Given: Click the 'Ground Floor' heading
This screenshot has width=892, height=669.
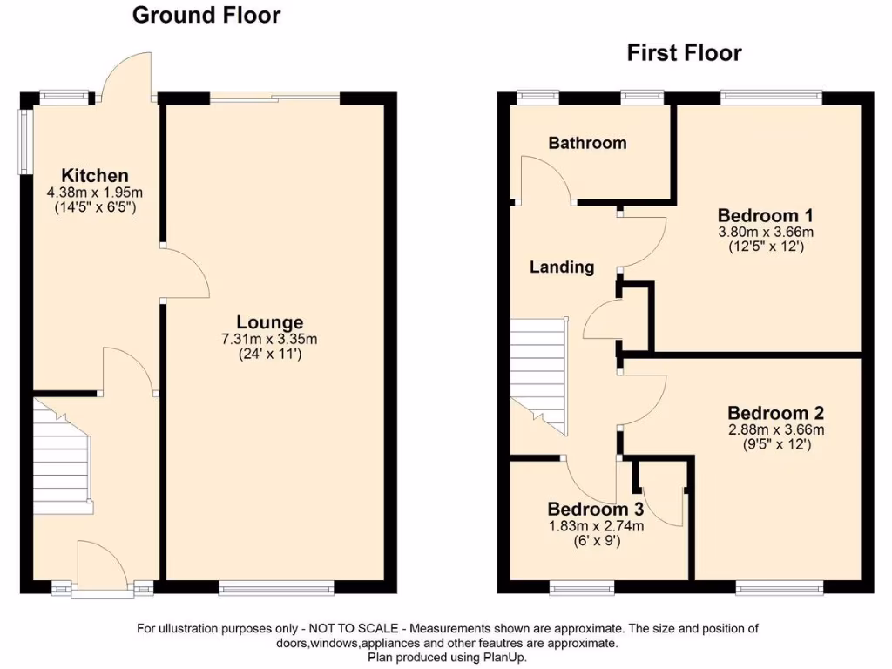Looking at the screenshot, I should pos(206,16).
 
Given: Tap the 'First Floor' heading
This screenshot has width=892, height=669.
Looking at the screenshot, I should pos(684,53).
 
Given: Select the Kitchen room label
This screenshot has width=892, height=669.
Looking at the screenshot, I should pos(95,176).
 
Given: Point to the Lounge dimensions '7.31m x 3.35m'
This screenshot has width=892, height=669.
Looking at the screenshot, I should pos(274,339).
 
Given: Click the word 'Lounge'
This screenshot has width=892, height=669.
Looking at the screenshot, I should pos(274,322).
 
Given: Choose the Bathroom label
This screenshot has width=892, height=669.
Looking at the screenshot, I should pos(587,143).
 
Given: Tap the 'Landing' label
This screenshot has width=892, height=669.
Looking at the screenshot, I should pos(562,267).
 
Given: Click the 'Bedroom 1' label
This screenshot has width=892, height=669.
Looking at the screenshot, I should pos(759,215).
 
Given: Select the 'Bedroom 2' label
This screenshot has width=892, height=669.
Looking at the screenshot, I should pos(776,413).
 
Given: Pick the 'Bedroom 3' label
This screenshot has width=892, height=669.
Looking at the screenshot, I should pos(596,510).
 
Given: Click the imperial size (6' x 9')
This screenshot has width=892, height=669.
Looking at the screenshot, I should pos(596,540).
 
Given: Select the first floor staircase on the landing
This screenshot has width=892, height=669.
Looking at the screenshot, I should pos(538,375).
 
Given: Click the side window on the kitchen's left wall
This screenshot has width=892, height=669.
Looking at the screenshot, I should pos(26,142).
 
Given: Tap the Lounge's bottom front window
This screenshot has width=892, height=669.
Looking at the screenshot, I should pos(275,590).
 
